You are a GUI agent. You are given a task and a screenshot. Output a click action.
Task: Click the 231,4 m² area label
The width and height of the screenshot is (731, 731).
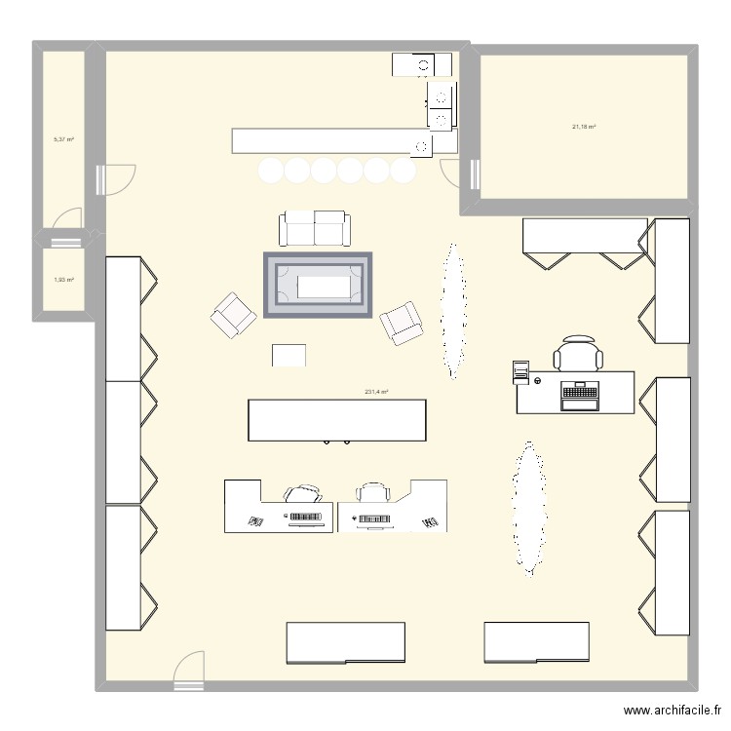(x=376, y=392)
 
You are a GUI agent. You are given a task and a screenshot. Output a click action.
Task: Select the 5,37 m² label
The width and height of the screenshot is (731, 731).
(x=63, y=139)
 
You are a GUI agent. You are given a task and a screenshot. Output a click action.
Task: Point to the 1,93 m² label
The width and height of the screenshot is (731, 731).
(x=63, y=281)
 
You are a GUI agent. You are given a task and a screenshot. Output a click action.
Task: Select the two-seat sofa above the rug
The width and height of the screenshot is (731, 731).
(x=313, y=228)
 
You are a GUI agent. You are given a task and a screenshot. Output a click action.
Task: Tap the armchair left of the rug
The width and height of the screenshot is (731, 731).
(x=233, y=315)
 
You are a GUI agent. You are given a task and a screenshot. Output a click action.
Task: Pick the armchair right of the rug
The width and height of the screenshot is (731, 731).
(x=402, y=323)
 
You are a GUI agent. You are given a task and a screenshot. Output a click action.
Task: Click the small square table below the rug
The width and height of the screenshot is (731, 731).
(x=289, y=355)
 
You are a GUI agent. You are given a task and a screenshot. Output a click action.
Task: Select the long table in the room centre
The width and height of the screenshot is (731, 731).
(x=337, y=420)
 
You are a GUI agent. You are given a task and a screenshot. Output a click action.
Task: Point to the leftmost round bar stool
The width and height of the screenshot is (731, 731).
(x=270, y=172)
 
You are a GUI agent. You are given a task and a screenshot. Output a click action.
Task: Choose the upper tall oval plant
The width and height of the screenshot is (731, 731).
(x=451, y=309)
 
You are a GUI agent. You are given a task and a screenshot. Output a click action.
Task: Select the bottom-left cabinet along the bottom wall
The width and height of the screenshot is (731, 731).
(x=345, y=642)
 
